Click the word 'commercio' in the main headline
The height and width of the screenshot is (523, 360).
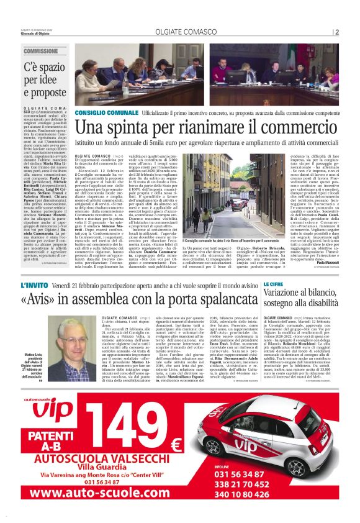point(275,127)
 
